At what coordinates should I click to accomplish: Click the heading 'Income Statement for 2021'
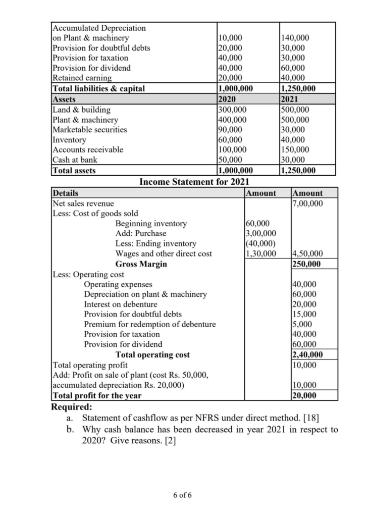194,182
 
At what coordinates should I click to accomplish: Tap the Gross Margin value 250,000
304,264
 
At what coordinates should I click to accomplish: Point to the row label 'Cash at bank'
75,160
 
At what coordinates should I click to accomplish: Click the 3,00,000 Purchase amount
259,233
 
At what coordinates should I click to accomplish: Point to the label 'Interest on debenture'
121,304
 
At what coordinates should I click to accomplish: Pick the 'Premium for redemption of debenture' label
150,324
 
